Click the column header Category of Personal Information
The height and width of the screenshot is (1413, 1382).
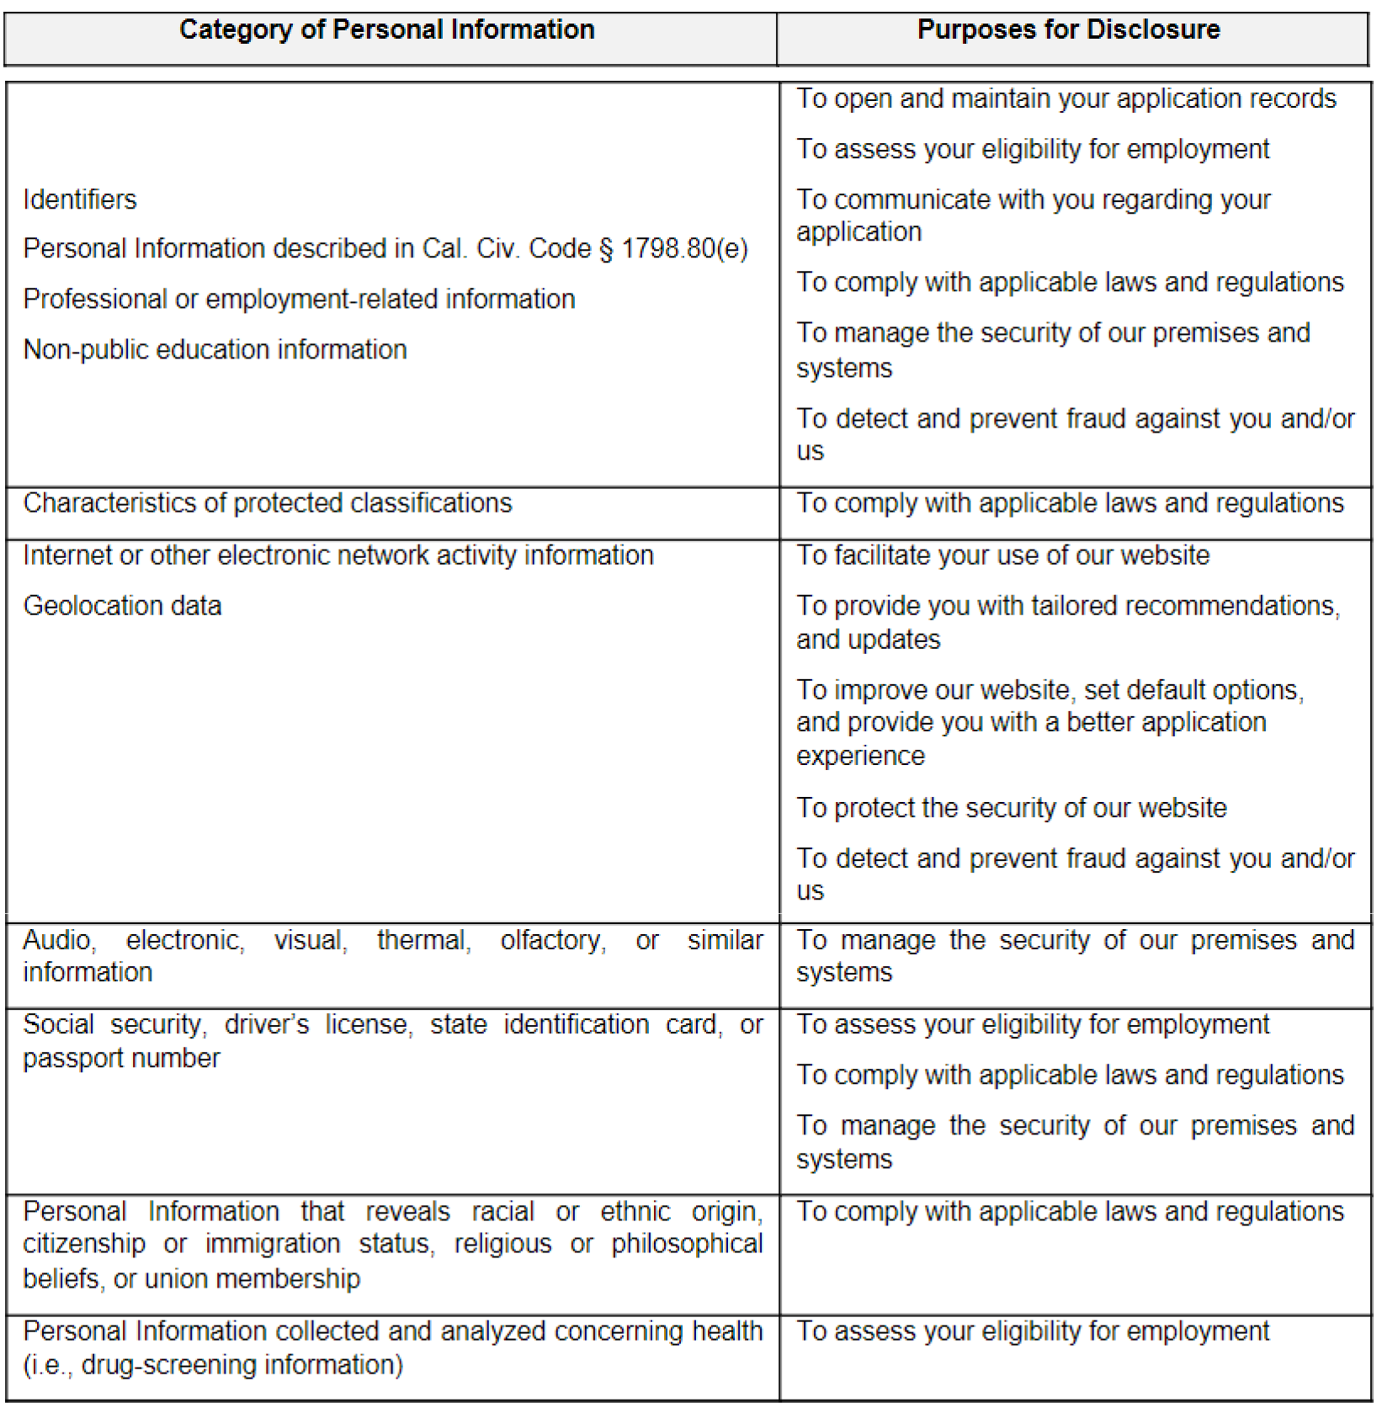point(387,30)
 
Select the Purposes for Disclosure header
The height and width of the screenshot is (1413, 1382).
point(1068,30)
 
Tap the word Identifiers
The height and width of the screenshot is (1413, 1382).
point(80,199)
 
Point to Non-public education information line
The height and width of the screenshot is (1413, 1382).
point(215,349)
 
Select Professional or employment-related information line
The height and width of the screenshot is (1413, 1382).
point(299,299)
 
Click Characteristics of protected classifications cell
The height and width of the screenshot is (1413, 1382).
point(268,503)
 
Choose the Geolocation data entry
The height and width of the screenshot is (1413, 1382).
point(122,606)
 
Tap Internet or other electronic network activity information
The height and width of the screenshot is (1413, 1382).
point(338,555)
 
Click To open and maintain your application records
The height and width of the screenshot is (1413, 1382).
point(1066,98)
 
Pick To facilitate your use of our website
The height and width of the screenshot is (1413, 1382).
point(1003,555)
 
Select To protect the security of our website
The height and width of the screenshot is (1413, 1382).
point(1012,808)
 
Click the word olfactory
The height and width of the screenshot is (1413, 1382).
point(552,940)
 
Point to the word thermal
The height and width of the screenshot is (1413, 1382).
point(423,940)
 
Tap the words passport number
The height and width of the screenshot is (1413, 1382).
point(121,1058)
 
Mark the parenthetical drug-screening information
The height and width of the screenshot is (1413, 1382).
point(213,1364)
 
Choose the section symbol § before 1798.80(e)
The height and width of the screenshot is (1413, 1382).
point(607,250)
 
